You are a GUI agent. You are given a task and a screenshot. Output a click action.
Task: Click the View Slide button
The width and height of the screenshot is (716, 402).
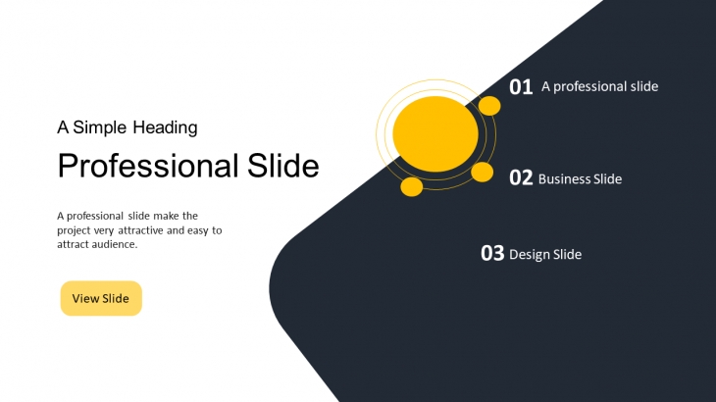pyautogui.click(x=101, y=298)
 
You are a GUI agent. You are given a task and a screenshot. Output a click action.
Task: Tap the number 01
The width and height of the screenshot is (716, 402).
pyautogui.click(x=521, y=86)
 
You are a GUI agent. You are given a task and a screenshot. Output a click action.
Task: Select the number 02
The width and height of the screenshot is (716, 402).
pyautogui.click(x=521, y=177)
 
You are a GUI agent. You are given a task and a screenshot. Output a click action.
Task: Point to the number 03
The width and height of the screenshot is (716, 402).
pyautogui.click(x=492, y=253)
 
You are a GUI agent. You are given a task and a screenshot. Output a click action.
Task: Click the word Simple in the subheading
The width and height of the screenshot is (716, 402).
pyautogui.click(x=99, y=127)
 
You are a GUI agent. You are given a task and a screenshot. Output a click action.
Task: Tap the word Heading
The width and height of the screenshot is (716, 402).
pyautogui.click(x=166, y=127)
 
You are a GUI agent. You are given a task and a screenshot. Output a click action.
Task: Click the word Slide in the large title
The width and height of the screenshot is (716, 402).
pyautogui.click(x=283, y=165)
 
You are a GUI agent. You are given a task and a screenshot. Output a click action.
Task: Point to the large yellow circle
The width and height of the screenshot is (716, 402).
pyautogui.click(x=435, y=134)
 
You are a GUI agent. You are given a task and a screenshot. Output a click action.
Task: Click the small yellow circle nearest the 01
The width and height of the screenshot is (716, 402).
pyautogui.click(x=489, y=106)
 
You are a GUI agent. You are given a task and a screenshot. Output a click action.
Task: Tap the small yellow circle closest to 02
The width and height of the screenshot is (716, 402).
pyautogui.click(x=483, y=173)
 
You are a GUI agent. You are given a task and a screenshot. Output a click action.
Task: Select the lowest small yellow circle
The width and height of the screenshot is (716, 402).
pyautogui.click(x=411, y=187)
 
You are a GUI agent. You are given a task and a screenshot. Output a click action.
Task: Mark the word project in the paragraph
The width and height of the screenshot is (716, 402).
pyautogui.click(x=74, y=231)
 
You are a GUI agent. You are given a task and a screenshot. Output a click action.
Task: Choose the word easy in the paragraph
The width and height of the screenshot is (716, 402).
pyautogui.click(x=197, y=231)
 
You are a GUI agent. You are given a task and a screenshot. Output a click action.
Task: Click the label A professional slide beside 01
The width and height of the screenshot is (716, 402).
pyautogui.click(x=599, y=86)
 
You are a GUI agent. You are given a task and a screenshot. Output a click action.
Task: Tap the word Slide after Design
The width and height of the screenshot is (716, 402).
pyautogui.click(x=568, y=254)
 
